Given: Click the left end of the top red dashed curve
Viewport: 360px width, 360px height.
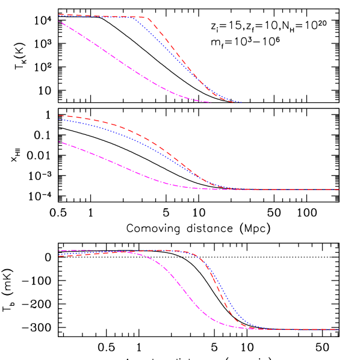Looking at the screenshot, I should [x=59, y=14].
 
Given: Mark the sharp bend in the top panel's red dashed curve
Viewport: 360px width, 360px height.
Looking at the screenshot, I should [x=146, y=18].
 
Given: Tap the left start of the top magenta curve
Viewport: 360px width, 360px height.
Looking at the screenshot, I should [x=59, y=22].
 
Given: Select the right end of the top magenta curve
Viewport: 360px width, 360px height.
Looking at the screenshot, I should [x=210, y=102].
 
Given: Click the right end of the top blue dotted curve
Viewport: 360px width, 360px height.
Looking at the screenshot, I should [x=241, y=102].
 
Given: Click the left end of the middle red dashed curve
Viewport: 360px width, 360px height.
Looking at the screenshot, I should [x=59, y=116].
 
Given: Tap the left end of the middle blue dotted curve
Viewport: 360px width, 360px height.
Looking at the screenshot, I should [x=59, y=119].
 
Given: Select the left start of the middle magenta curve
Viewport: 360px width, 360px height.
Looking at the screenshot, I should [x=59, y=142].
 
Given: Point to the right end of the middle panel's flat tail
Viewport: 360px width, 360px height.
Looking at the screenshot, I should [x=339, y=190].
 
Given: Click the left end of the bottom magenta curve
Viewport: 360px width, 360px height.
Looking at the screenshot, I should [x=59, y=250].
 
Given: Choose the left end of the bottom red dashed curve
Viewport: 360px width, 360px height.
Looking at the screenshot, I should [x=59, y=256].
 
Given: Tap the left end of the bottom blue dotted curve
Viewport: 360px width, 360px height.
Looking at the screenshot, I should [x=59, y=253].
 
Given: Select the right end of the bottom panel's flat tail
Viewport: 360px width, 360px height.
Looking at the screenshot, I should [x=339, y=329].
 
